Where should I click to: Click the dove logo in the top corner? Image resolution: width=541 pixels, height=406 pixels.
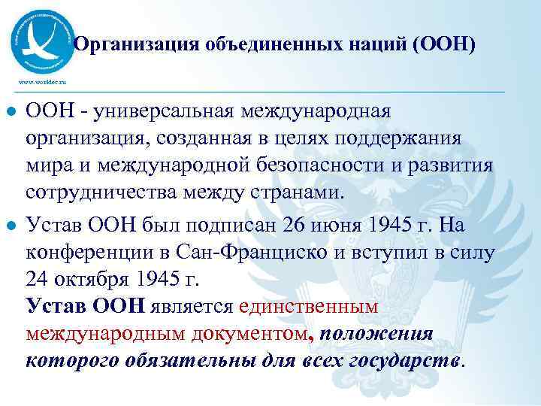click(44, 37)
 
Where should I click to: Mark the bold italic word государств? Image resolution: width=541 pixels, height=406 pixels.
click(397, 361)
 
